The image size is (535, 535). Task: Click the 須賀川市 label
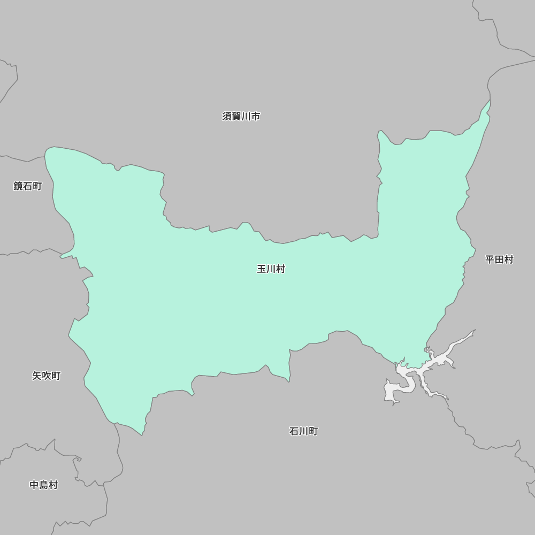point(241,116)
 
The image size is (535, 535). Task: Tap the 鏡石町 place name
point(27,186)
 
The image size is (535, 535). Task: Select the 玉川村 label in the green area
point(271,269)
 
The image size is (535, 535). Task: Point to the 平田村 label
point(499,259)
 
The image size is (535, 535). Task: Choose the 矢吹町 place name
point(46,376)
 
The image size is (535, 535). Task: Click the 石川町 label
point(303,431)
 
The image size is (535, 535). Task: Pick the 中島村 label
point(43,485)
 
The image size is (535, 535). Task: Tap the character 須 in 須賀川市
point(227,116)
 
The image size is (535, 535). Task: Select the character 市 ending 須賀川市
point(256,116)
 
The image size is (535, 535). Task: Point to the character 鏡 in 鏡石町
point(18,186)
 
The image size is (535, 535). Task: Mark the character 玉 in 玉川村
point(262,269)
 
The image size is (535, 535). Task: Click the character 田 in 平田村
point(499,259)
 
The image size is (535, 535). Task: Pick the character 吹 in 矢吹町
point(46,376)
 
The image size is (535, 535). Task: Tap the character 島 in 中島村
point(43,485)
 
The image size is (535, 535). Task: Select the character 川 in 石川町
point(303,431)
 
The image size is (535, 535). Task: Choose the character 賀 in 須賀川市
point(236,116)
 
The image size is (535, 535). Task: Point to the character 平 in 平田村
point(490,259)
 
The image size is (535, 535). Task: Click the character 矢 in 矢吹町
point(37,376)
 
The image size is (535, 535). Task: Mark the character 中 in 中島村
point(34,485)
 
